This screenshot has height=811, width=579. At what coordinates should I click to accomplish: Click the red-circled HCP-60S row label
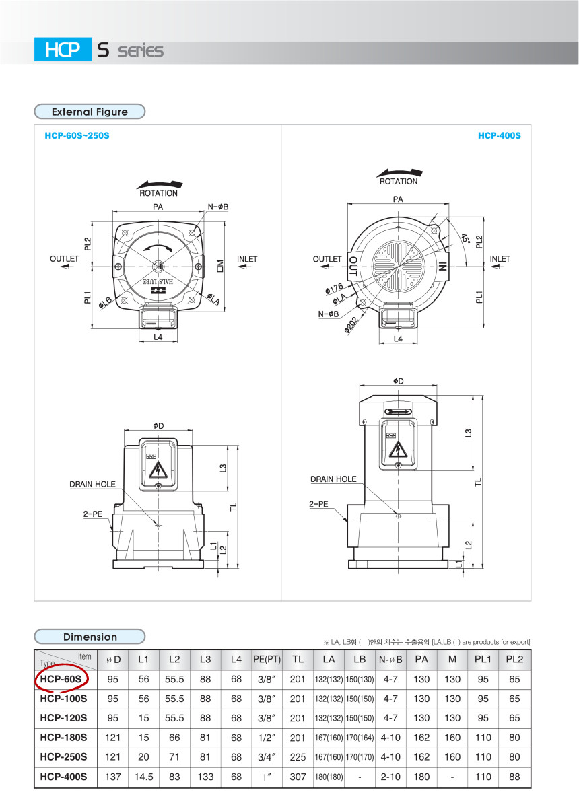point(61,679)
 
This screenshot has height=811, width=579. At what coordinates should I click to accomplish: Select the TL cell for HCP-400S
point(298,777)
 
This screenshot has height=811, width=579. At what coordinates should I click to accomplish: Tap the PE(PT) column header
point(267,660)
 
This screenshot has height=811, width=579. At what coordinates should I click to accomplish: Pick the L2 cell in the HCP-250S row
point(174,757)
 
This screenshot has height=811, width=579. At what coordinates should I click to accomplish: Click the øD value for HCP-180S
point(112,738)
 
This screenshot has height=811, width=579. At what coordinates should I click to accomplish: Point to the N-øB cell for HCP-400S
point(390,777)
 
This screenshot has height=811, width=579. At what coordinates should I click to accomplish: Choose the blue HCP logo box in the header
point(63,49)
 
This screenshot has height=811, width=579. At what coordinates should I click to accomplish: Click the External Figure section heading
point(90,112)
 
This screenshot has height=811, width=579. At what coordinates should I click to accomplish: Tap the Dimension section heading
point(90,637)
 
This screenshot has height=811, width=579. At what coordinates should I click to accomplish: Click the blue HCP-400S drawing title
point(500,136)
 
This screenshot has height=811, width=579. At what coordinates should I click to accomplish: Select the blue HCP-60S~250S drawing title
point(77,136)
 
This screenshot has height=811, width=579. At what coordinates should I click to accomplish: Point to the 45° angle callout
point(466,239)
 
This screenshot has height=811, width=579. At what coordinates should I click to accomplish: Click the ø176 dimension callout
point(334,289)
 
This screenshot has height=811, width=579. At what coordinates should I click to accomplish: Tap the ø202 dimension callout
point(351,324)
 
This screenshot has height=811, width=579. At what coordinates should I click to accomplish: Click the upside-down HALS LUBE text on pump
point(158,281)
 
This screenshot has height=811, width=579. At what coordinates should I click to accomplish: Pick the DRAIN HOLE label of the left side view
point(92,485)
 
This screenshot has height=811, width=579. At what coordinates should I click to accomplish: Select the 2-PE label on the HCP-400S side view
point(318,504)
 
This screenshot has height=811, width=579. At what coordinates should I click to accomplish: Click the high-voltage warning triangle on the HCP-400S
point(398,450)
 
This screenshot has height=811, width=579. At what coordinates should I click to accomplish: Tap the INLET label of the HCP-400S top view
point(500,259)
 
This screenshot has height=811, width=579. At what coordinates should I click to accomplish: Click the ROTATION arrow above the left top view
point(160,184)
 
